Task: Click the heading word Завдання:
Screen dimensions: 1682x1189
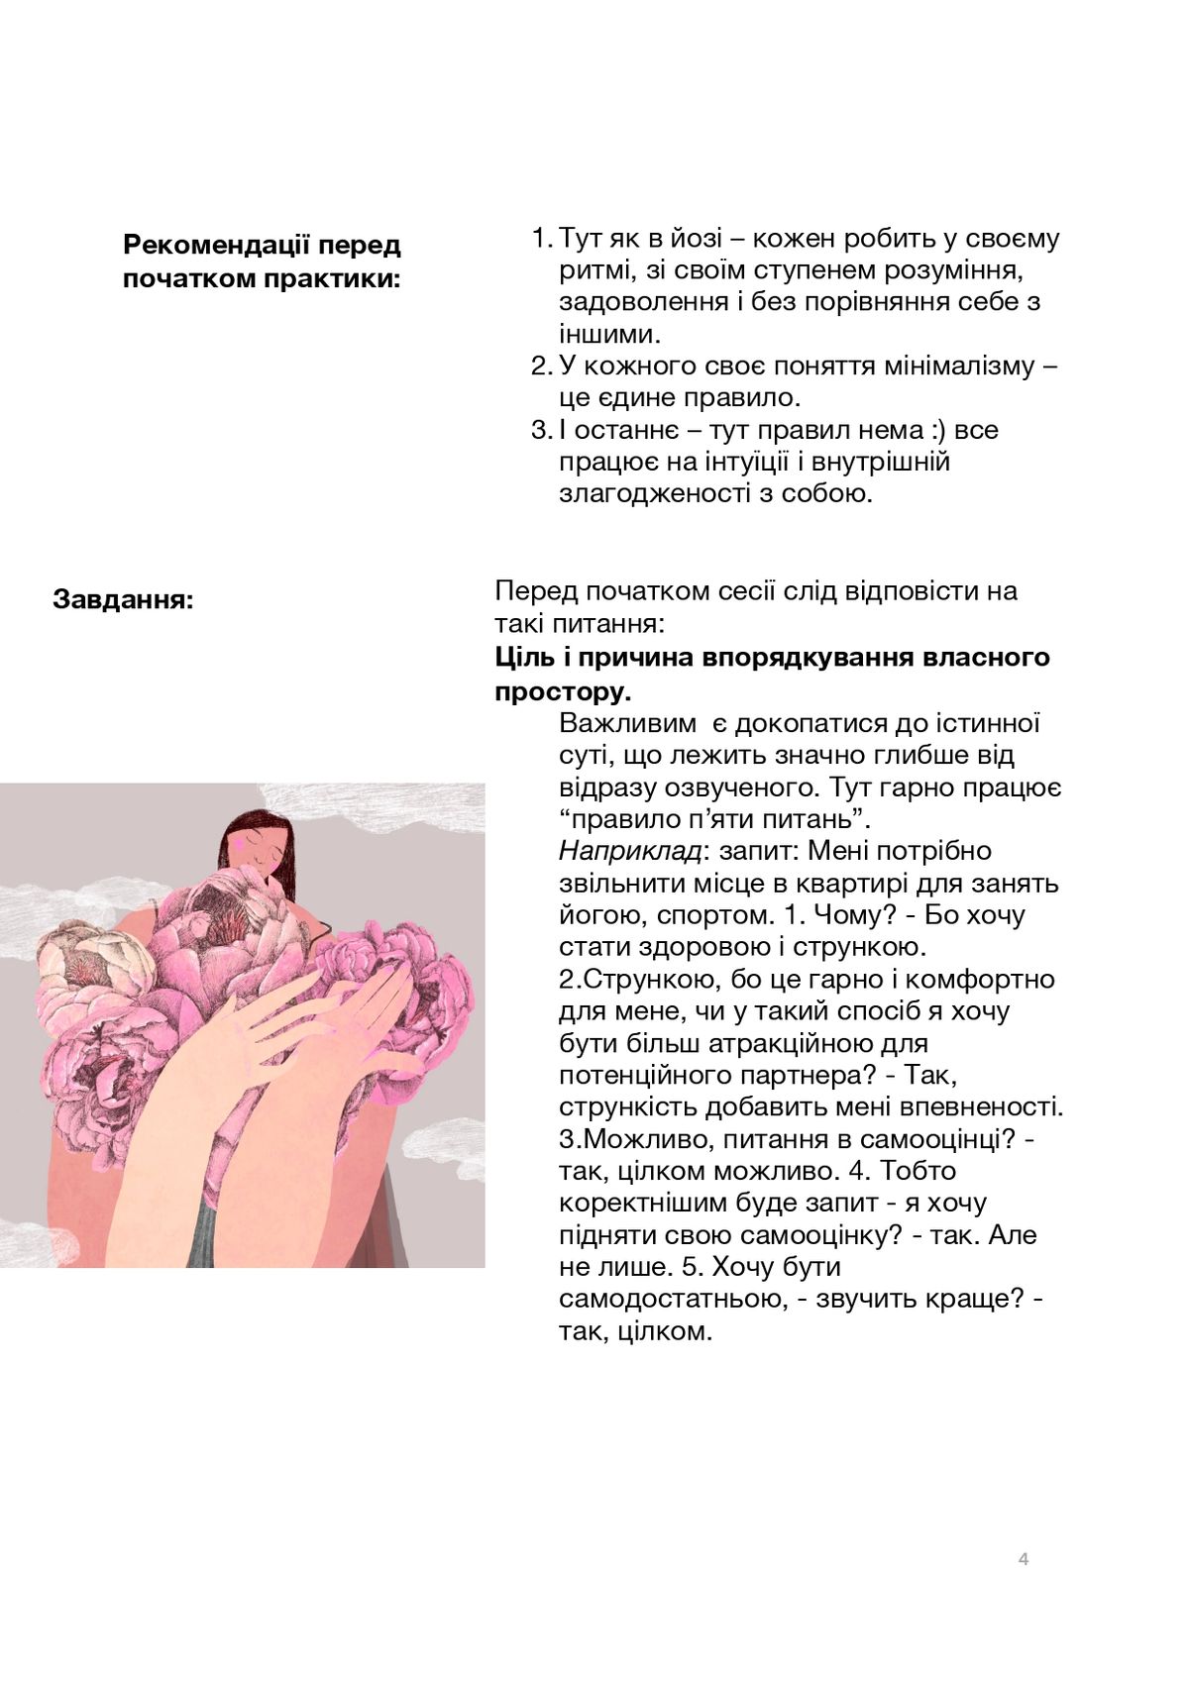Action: (123, 599)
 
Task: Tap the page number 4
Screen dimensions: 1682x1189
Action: (1024, 1559)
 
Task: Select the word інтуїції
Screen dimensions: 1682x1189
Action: (747, 462)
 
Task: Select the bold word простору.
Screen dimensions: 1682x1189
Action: (563, 690)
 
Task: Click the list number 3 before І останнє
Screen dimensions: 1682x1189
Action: (538, 430)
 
